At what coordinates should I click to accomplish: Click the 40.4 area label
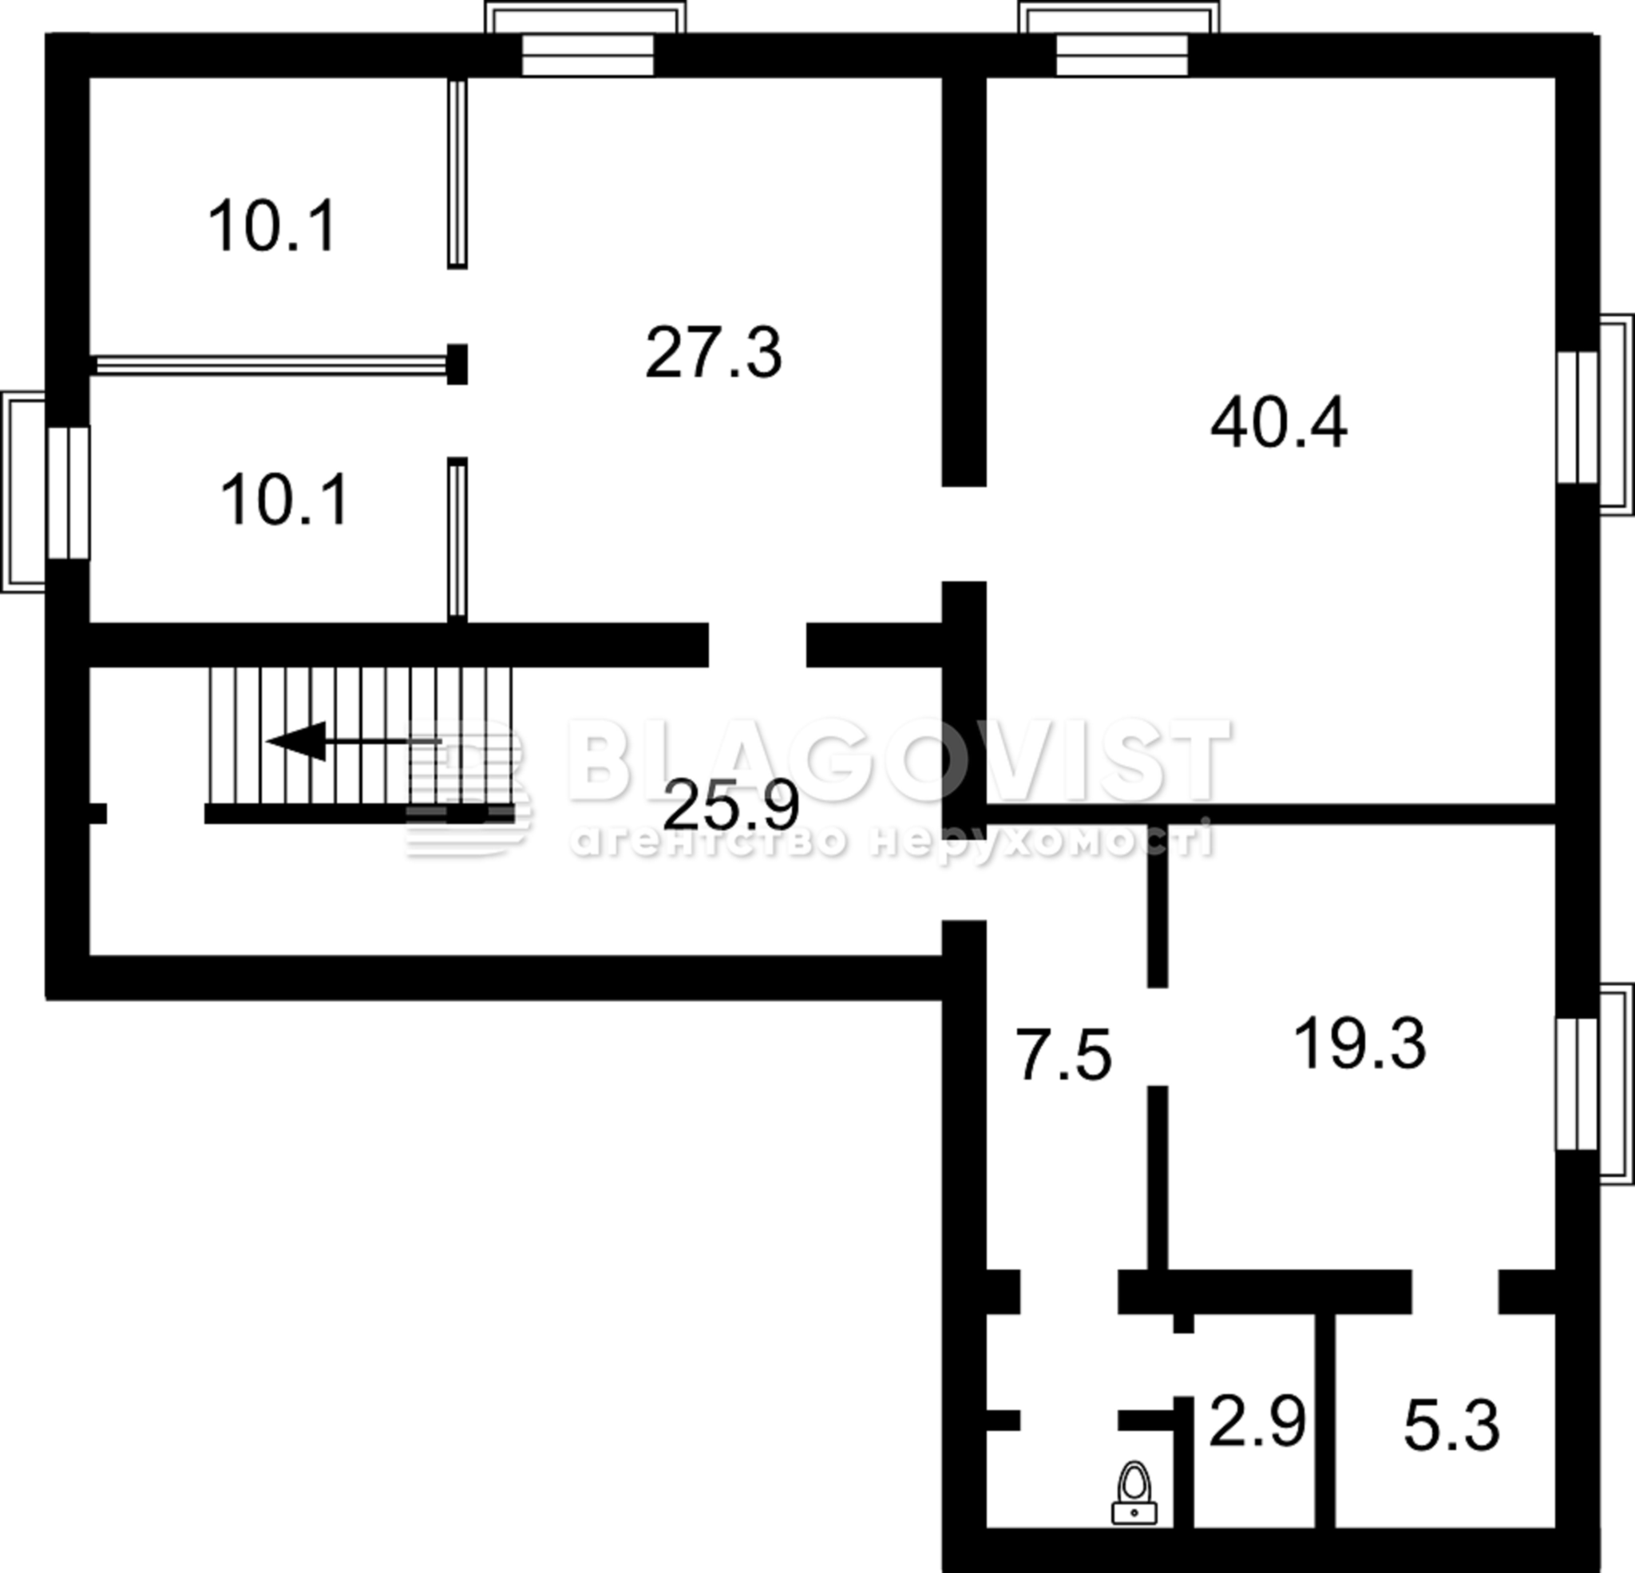point(1279,423)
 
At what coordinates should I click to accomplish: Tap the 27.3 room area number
point(714,353)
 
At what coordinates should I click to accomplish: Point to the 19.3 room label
point(1360,1043)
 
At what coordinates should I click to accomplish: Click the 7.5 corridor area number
point(1064,1055)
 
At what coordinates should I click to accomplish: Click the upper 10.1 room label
point(272,225)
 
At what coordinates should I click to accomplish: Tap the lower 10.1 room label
point(284,499)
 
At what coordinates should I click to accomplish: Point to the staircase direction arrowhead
point(297,741)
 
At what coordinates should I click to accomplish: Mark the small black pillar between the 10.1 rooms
point(457,364)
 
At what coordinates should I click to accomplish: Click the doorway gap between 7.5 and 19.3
point(1157,1036)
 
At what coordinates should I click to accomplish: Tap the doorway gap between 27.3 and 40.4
point(964,533)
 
